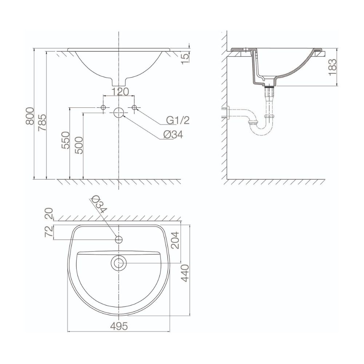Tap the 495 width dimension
[x=119, y=327]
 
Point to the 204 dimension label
[x=176, y=241]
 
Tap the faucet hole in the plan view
[x=119, y=240]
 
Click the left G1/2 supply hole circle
[x=103, y=108]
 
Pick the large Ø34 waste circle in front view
[x=119, y=113]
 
